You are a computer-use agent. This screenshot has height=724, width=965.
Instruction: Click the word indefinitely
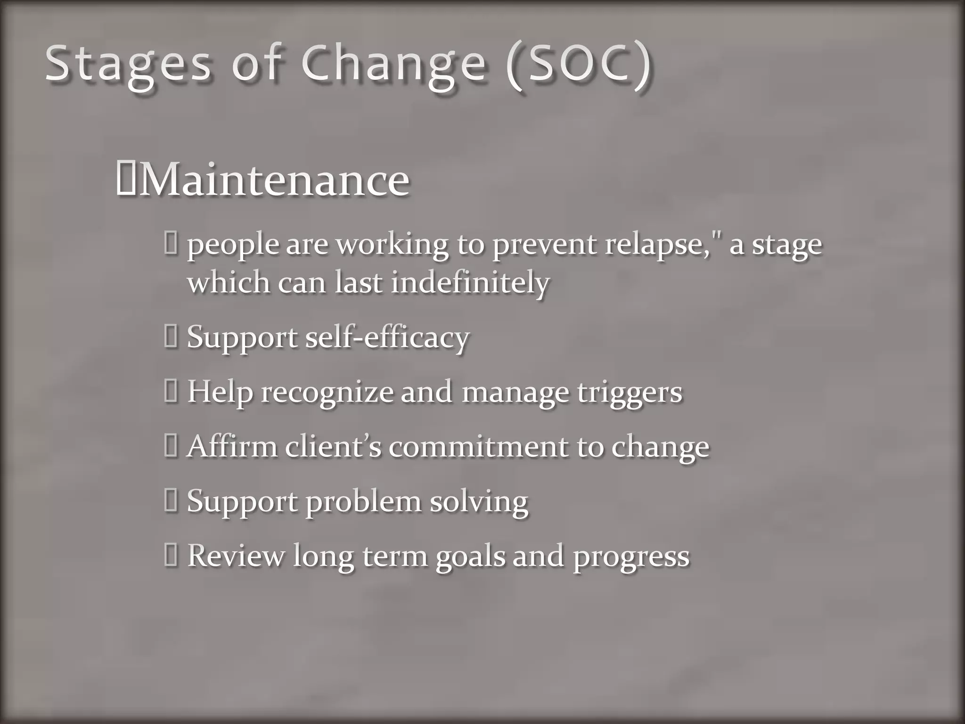point(470,283)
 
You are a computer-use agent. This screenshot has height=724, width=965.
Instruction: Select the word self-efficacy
point(387,337)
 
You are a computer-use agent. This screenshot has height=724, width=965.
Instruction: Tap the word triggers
point(630,392)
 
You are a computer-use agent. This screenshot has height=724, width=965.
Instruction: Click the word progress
point(631,556)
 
